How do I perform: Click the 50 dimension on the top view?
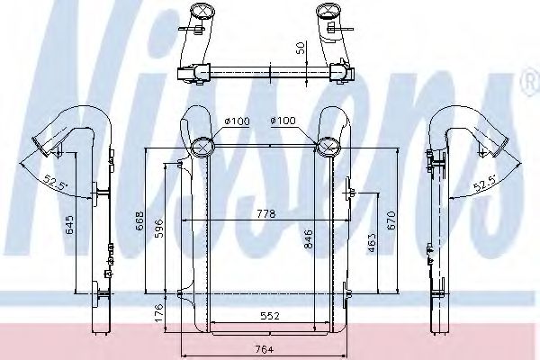[x=301, y=48]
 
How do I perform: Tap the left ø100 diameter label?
[x=238, y=121]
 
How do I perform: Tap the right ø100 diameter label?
[x=283, y=121]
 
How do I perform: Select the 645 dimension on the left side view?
[x=69, y=226]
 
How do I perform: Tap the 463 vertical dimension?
[x=369, y=243]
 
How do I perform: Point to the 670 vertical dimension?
[x=391, y=220]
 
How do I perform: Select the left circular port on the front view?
[x=203, y=145]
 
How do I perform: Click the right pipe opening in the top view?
[x=325, y=13]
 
